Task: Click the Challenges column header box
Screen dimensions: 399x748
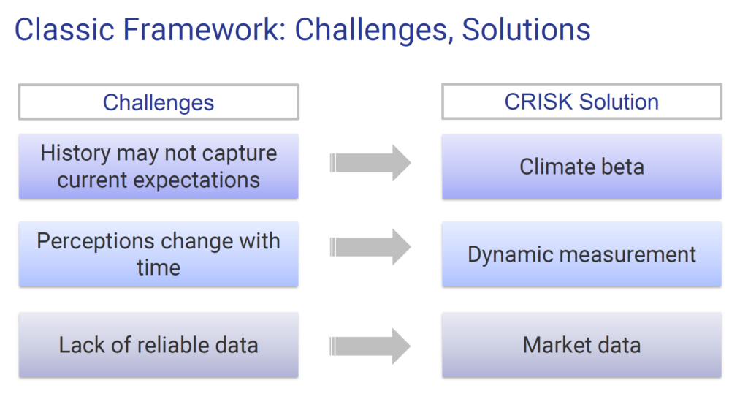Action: tap(159, 102)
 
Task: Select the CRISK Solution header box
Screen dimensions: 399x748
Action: tap(581, 102)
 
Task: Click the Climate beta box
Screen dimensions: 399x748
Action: tap(581, 167)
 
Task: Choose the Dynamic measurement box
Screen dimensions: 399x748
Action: tap(581, 254)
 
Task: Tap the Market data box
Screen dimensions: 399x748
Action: tap(581, 345)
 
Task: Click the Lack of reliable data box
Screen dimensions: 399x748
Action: tap(159, 345)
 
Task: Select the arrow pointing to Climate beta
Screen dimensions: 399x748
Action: tap(370, 163)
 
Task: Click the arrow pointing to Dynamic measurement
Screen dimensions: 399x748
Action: tap(370, 247)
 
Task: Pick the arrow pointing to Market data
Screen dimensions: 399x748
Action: tap(370, 346)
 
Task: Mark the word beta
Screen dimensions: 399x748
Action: tap(621, 167)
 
